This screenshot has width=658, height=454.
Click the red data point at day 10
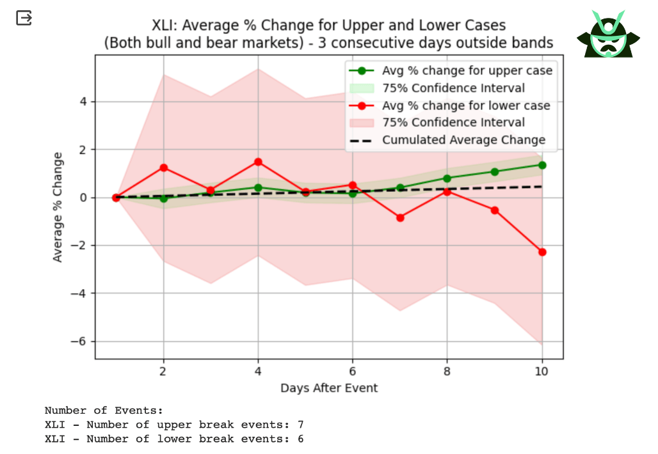(x=542, y=252)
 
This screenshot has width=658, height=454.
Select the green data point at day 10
(x=542, y=165)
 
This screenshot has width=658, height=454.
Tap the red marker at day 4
(x=258, y=162)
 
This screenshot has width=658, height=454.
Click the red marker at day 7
(x=400, y=217)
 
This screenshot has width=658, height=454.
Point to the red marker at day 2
(x=163, y=168)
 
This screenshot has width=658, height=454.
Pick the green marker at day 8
(x=447, y=178)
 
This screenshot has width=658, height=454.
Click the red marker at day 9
(x=495, y=210)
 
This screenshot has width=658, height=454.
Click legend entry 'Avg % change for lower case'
(x=466, y=106)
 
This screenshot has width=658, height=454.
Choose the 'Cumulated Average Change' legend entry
(x=463, y=140)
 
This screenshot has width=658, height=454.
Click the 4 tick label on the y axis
(x=83, y=102)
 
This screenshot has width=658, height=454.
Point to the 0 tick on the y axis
(x=83, y=198)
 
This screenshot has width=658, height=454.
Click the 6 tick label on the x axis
(x=353, y=371)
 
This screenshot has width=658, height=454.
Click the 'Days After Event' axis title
(x=329, y=387)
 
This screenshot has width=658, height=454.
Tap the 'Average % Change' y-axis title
(x=58, y=207)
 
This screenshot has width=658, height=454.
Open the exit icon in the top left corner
(x=24, y=18)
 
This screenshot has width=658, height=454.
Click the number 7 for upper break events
(x=301, y=425)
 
